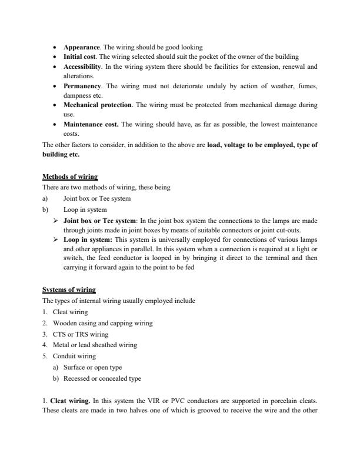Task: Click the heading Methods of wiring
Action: (x=70, y=177)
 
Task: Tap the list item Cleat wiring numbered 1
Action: (x=69, y=312)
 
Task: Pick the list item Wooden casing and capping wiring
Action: (x=102, y=323)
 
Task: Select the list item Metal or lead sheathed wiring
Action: (x=95, y=345)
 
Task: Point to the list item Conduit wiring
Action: (x=74, y=356)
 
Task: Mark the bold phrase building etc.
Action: (x=61, y=155)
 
